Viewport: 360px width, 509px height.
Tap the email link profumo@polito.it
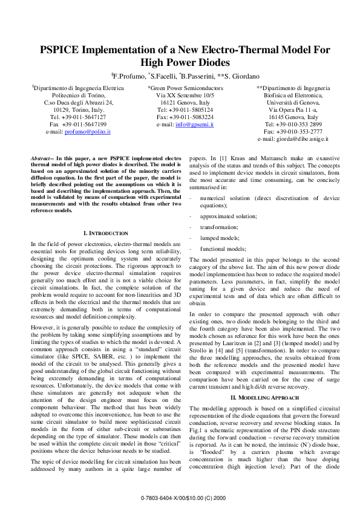pos(88,132)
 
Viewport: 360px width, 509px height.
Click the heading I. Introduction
pos(105,233)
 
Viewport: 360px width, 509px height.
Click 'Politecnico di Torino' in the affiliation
pos(78,96)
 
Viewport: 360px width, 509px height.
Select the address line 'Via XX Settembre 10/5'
pos(185,96)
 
